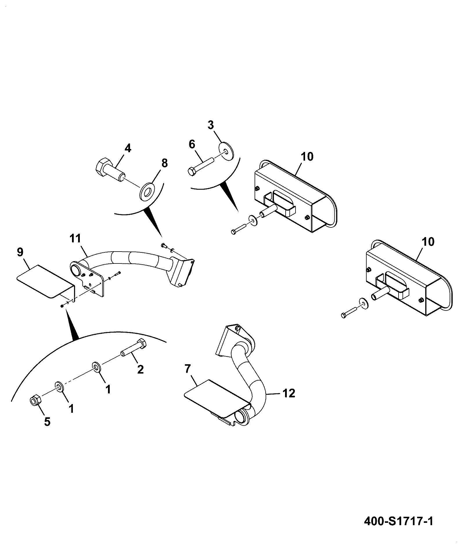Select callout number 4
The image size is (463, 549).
pyautogui.click(x=128, y=148)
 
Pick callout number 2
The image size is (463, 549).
pyautogui.click(x=140, y=370)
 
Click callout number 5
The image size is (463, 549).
pyautogui.click(x=47, y=421)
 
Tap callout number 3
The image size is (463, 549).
pyautogui.click(x=211, y=125)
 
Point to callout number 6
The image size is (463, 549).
pyautogui.click(x=192, y=144)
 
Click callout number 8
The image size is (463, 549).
pyautogui.click(x=164, y=163)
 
